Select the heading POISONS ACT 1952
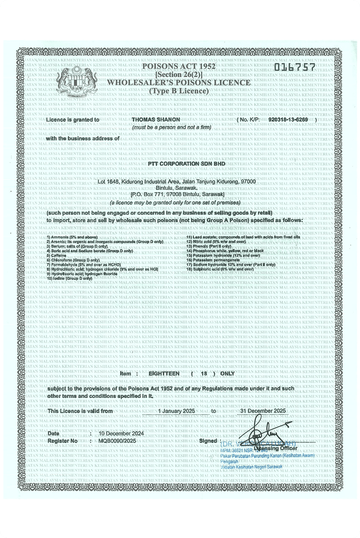pos(179,66)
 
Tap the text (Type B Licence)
pos(179,91)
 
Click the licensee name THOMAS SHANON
pos(156,120)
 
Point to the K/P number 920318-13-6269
pos(288,120)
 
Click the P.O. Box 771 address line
pos(177,194)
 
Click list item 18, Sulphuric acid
pos(220,269)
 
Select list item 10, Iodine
pos(69,278)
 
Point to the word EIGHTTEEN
pos(164,374)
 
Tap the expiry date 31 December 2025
pos(263,411)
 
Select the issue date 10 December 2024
pos(121,434)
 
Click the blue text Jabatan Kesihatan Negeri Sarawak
pos(252,467)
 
